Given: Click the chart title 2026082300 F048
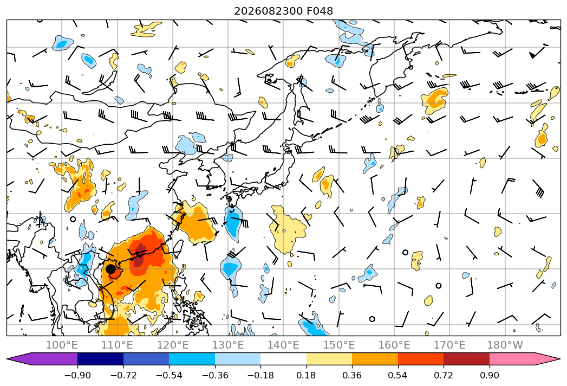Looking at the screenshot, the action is [x=284, y=11].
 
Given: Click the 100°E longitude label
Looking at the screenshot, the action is [x=62, y=345].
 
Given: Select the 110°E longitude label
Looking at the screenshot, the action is [x=117, y=345].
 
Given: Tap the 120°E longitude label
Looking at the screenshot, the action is [x=173, y=345].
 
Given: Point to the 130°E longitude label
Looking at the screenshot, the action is [x=228, y=345].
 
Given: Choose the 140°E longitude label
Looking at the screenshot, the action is [x=283, y=345].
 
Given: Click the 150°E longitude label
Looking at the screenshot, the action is [x=339, y=345].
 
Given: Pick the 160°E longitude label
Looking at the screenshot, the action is [x=394, y=345].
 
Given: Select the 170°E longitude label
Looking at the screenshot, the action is [x=449, y=345].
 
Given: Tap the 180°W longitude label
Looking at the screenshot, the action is [x=505, y=345].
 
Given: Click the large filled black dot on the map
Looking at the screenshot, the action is [x=110, y=269].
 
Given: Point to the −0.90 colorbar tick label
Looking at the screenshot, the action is [x=77, y=375].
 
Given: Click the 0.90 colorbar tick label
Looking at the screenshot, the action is [x=489, y=375].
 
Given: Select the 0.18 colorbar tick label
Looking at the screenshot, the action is [x=307, y=375].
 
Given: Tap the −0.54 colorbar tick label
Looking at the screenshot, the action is [x=169, y=375].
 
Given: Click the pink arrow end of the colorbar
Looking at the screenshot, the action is [x=546, y=359].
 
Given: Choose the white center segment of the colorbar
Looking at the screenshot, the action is [x=284, y=359].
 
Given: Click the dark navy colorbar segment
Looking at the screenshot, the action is [x=101, y=359].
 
